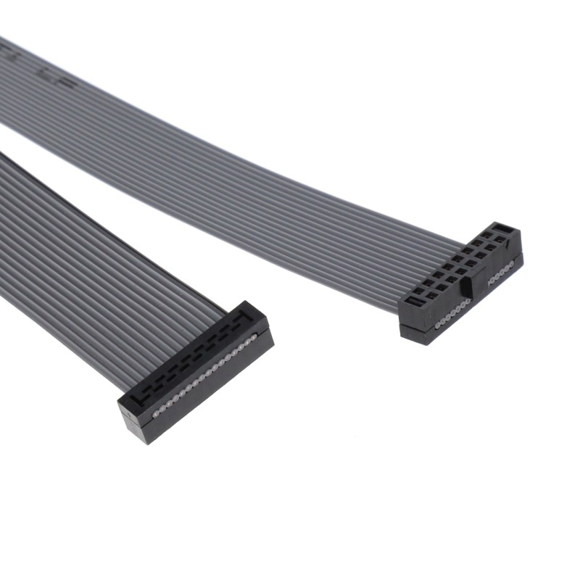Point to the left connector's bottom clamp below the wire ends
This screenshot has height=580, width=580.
(x=210, y=391)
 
